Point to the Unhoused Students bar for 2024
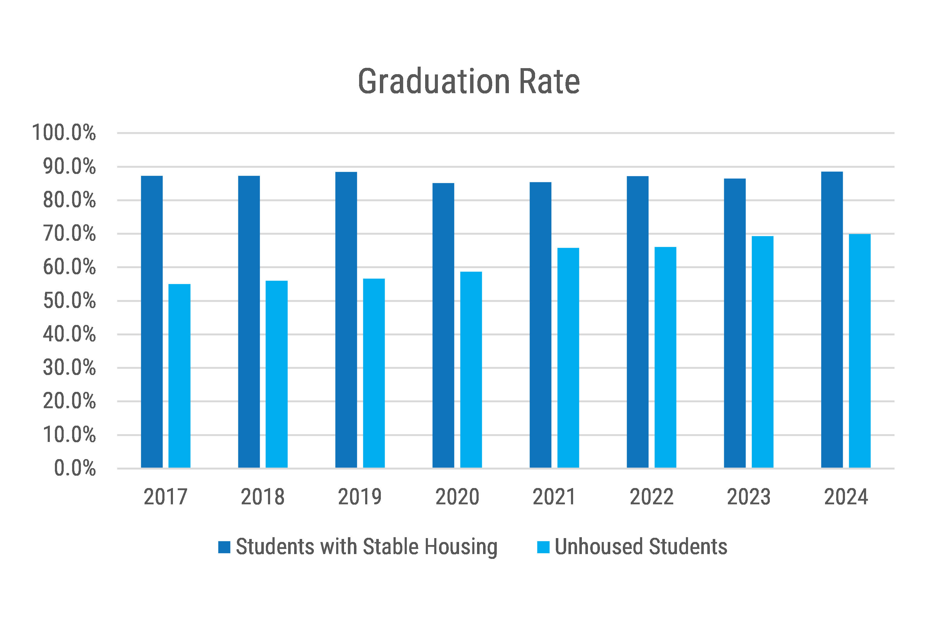(860, 351)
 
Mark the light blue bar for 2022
(665, 357)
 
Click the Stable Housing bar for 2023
(735, 323)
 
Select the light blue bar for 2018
(276, 374)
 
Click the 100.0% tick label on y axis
(64, 133)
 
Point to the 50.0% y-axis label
(69, 301)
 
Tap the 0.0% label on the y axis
(75, 468)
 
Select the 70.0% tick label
(69, 234)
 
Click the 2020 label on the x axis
(457, 497)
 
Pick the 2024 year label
(846, 497)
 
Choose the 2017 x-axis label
(165, 497)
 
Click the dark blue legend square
(224, 547)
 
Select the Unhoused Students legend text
(641, 547)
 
